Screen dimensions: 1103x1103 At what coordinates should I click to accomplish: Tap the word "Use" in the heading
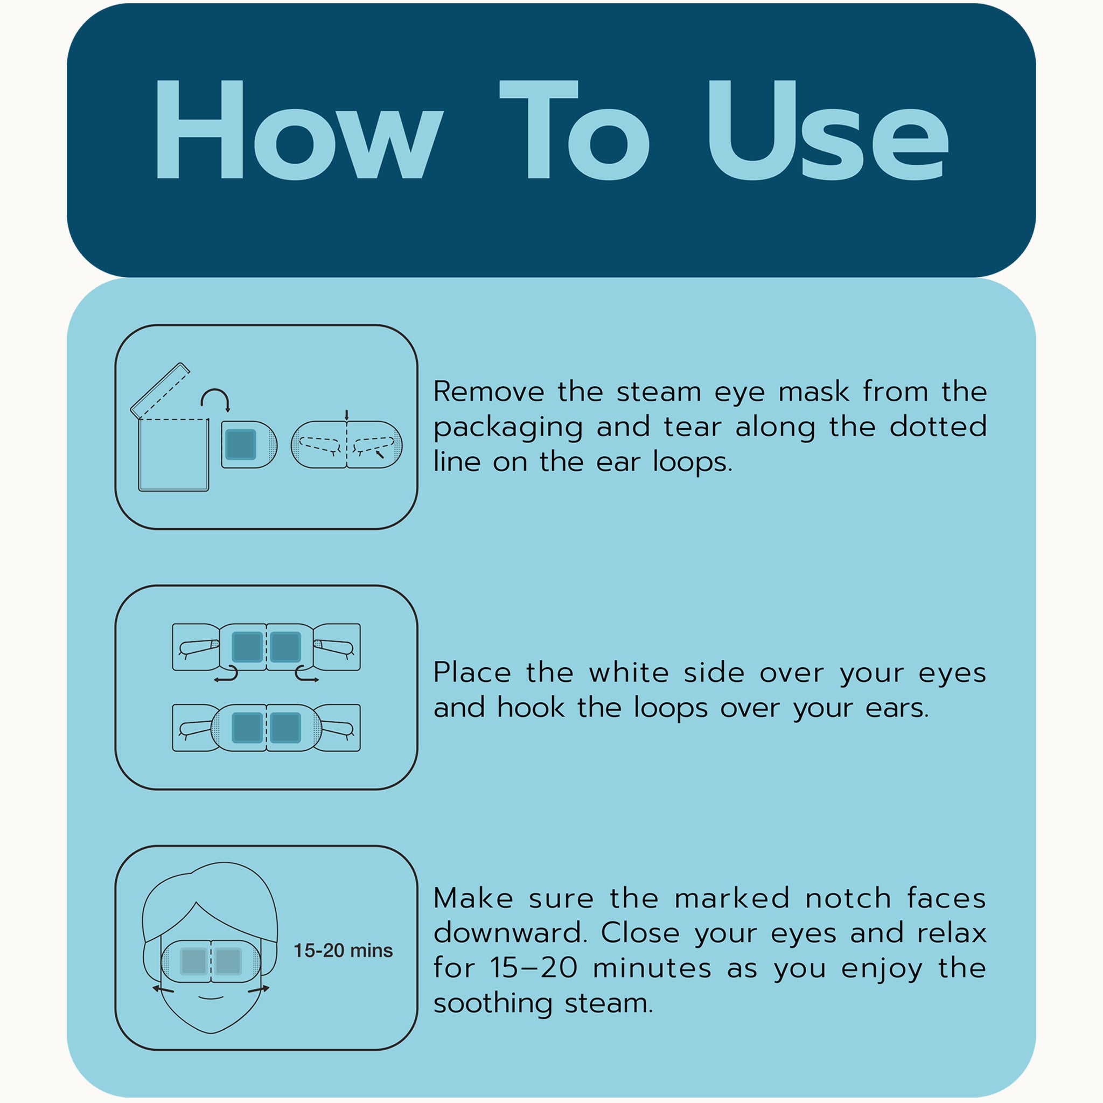pos(827,130)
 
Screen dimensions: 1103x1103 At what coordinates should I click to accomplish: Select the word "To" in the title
pos(574,130)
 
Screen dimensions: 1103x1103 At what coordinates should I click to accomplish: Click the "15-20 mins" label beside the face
pos(343,950)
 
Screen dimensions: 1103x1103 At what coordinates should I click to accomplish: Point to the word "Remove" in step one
pos(488,392)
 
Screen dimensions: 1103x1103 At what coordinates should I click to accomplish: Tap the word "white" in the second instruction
pos(629,672)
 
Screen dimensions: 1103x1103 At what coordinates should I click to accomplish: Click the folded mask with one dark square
pos(249,444)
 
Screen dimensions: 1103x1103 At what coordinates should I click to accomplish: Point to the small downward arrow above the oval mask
pos(346,415)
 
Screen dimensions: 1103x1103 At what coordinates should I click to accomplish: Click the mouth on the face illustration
pos(211,997)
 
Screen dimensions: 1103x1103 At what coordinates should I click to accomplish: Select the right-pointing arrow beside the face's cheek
pos(259,989)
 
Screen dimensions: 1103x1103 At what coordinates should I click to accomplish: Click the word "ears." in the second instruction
pos(897,708)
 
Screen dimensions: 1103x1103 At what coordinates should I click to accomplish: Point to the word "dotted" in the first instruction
pos(938,427)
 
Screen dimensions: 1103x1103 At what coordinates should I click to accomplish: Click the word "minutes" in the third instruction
pos(652,968)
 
